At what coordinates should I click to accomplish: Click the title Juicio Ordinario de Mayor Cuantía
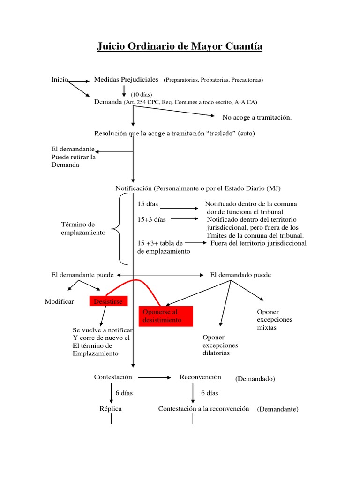(180, 46)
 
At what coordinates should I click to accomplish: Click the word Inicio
(60, 79)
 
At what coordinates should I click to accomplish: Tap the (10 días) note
(141, 94)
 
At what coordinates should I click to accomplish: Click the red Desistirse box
(108, 301)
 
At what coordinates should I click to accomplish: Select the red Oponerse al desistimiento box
(166, 316)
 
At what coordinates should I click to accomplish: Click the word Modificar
(59, 301)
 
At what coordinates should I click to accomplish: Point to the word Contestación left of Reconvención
(113, 377)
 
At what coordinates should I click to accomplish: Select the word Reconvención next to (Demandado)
(200, 377)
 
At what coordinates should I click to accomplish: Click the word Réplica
(111, 409)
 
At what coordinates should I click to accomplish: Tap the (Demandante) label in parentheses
(277, 409)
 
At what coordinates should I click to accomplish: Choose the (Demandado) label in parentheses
(255, 379)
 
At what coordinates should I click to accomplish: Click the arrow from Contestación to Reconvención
(155, 377)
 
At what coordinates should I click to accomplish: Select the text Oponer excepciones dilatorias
(220, 345)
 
